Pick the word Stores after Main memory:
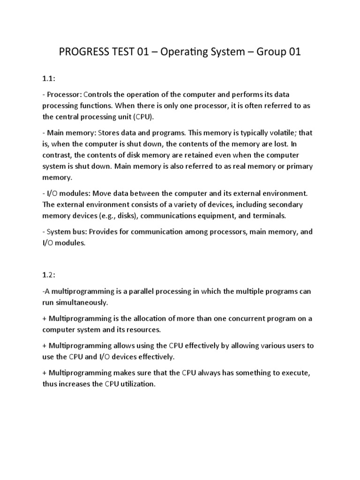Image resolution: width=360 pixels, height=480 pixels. (x=111, y=133)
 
